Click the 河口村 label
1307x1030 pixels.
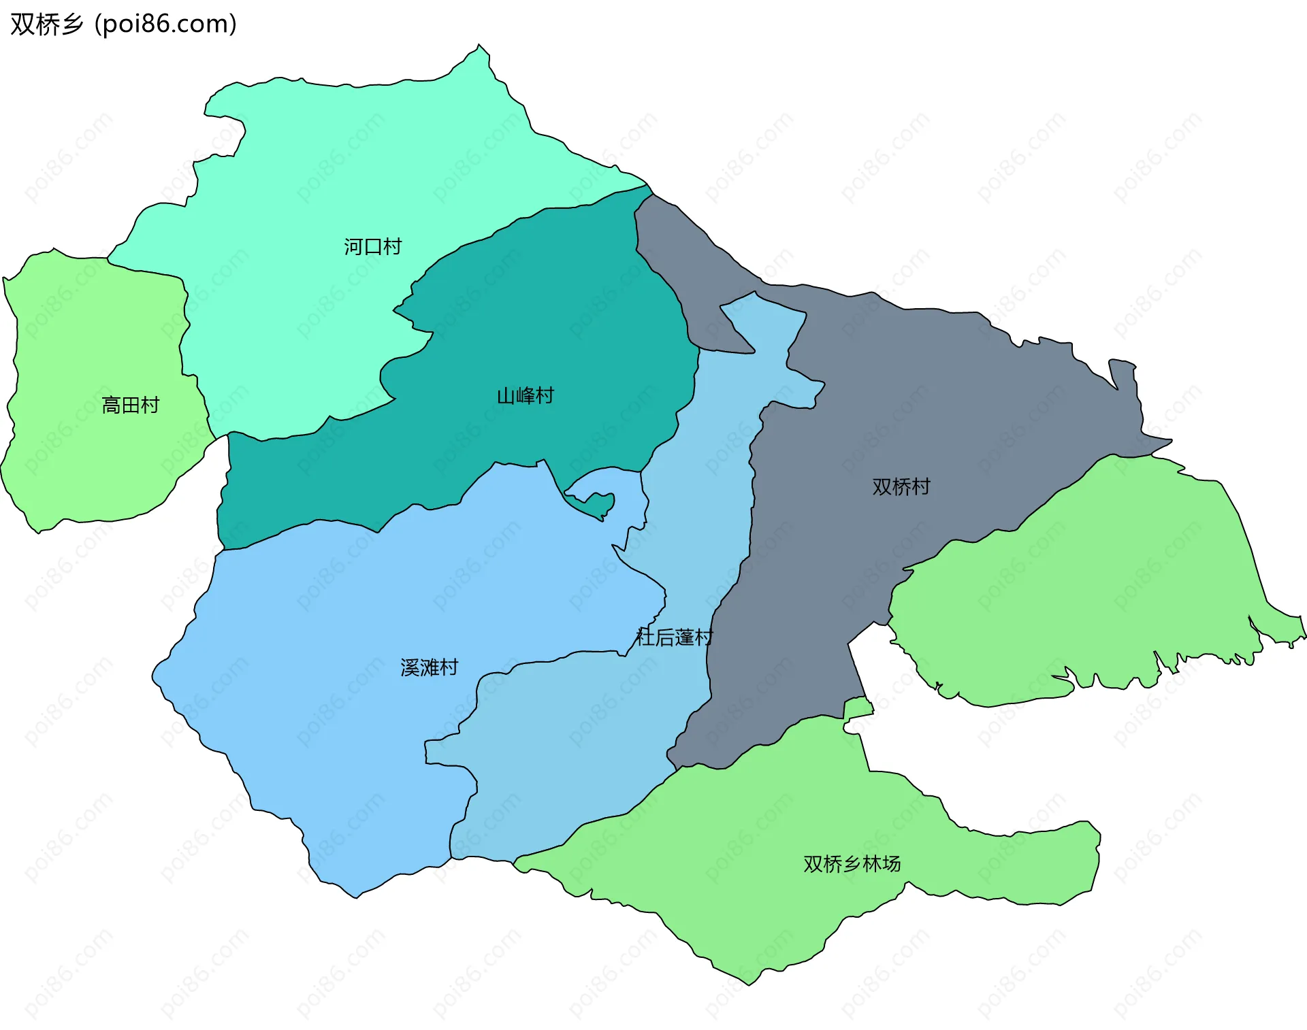(372, 246)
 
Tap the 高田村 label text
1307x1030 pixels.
(130, 405)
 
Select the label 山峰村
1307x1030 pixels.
(525, 395)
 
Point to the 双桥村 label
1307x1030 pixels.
(901, 486)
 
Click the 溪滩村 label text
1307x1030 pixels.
(429, 667)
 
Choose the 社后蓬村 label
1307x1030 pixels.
(674, 637)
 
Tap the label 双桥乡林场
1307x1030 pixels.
(852, 864)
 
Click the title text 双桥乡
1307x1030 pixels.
(46, 24)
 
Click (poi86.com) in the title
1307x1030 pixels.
(165, 24)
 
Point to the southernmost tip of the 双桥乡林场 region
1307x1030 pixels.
(749, 982)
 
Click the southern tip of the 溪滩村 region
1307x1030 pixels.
(356, 895)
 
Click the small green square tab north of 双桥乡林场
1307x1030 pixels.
(858, 708)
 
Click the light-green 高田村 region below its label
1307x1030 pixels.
(102, 463)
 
